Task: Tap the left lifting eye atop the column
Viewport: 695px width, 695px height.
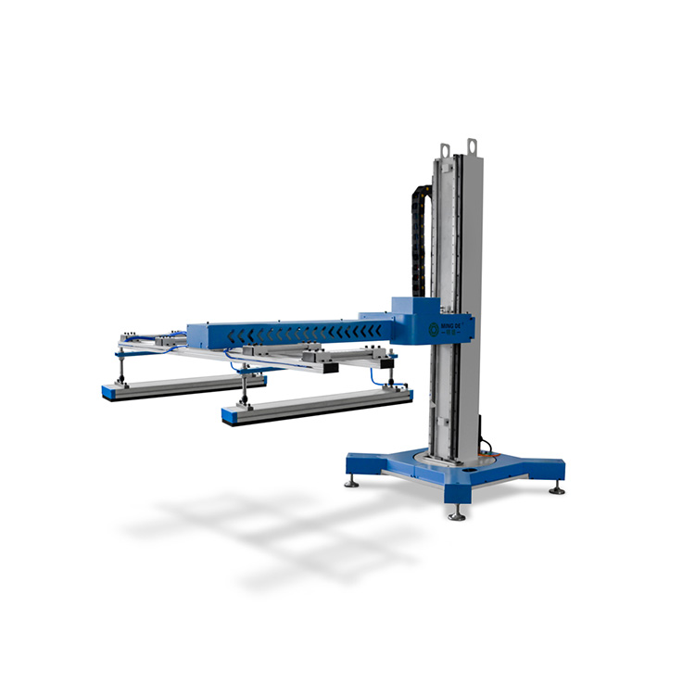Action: coord(446,149)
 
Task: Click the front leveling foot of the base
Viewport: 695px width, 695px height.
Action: coord(456,513)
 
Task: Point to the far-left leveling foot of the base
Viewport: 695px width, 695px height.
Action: coord(352,481)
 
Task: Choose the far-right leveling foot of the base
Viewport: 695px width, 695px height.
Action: coord(557,487)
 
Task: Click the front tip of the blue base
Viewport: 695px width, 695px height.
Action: coord(456,499)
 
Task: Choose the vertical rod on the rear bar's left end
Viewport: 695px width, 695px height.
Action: coord(120,369)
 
